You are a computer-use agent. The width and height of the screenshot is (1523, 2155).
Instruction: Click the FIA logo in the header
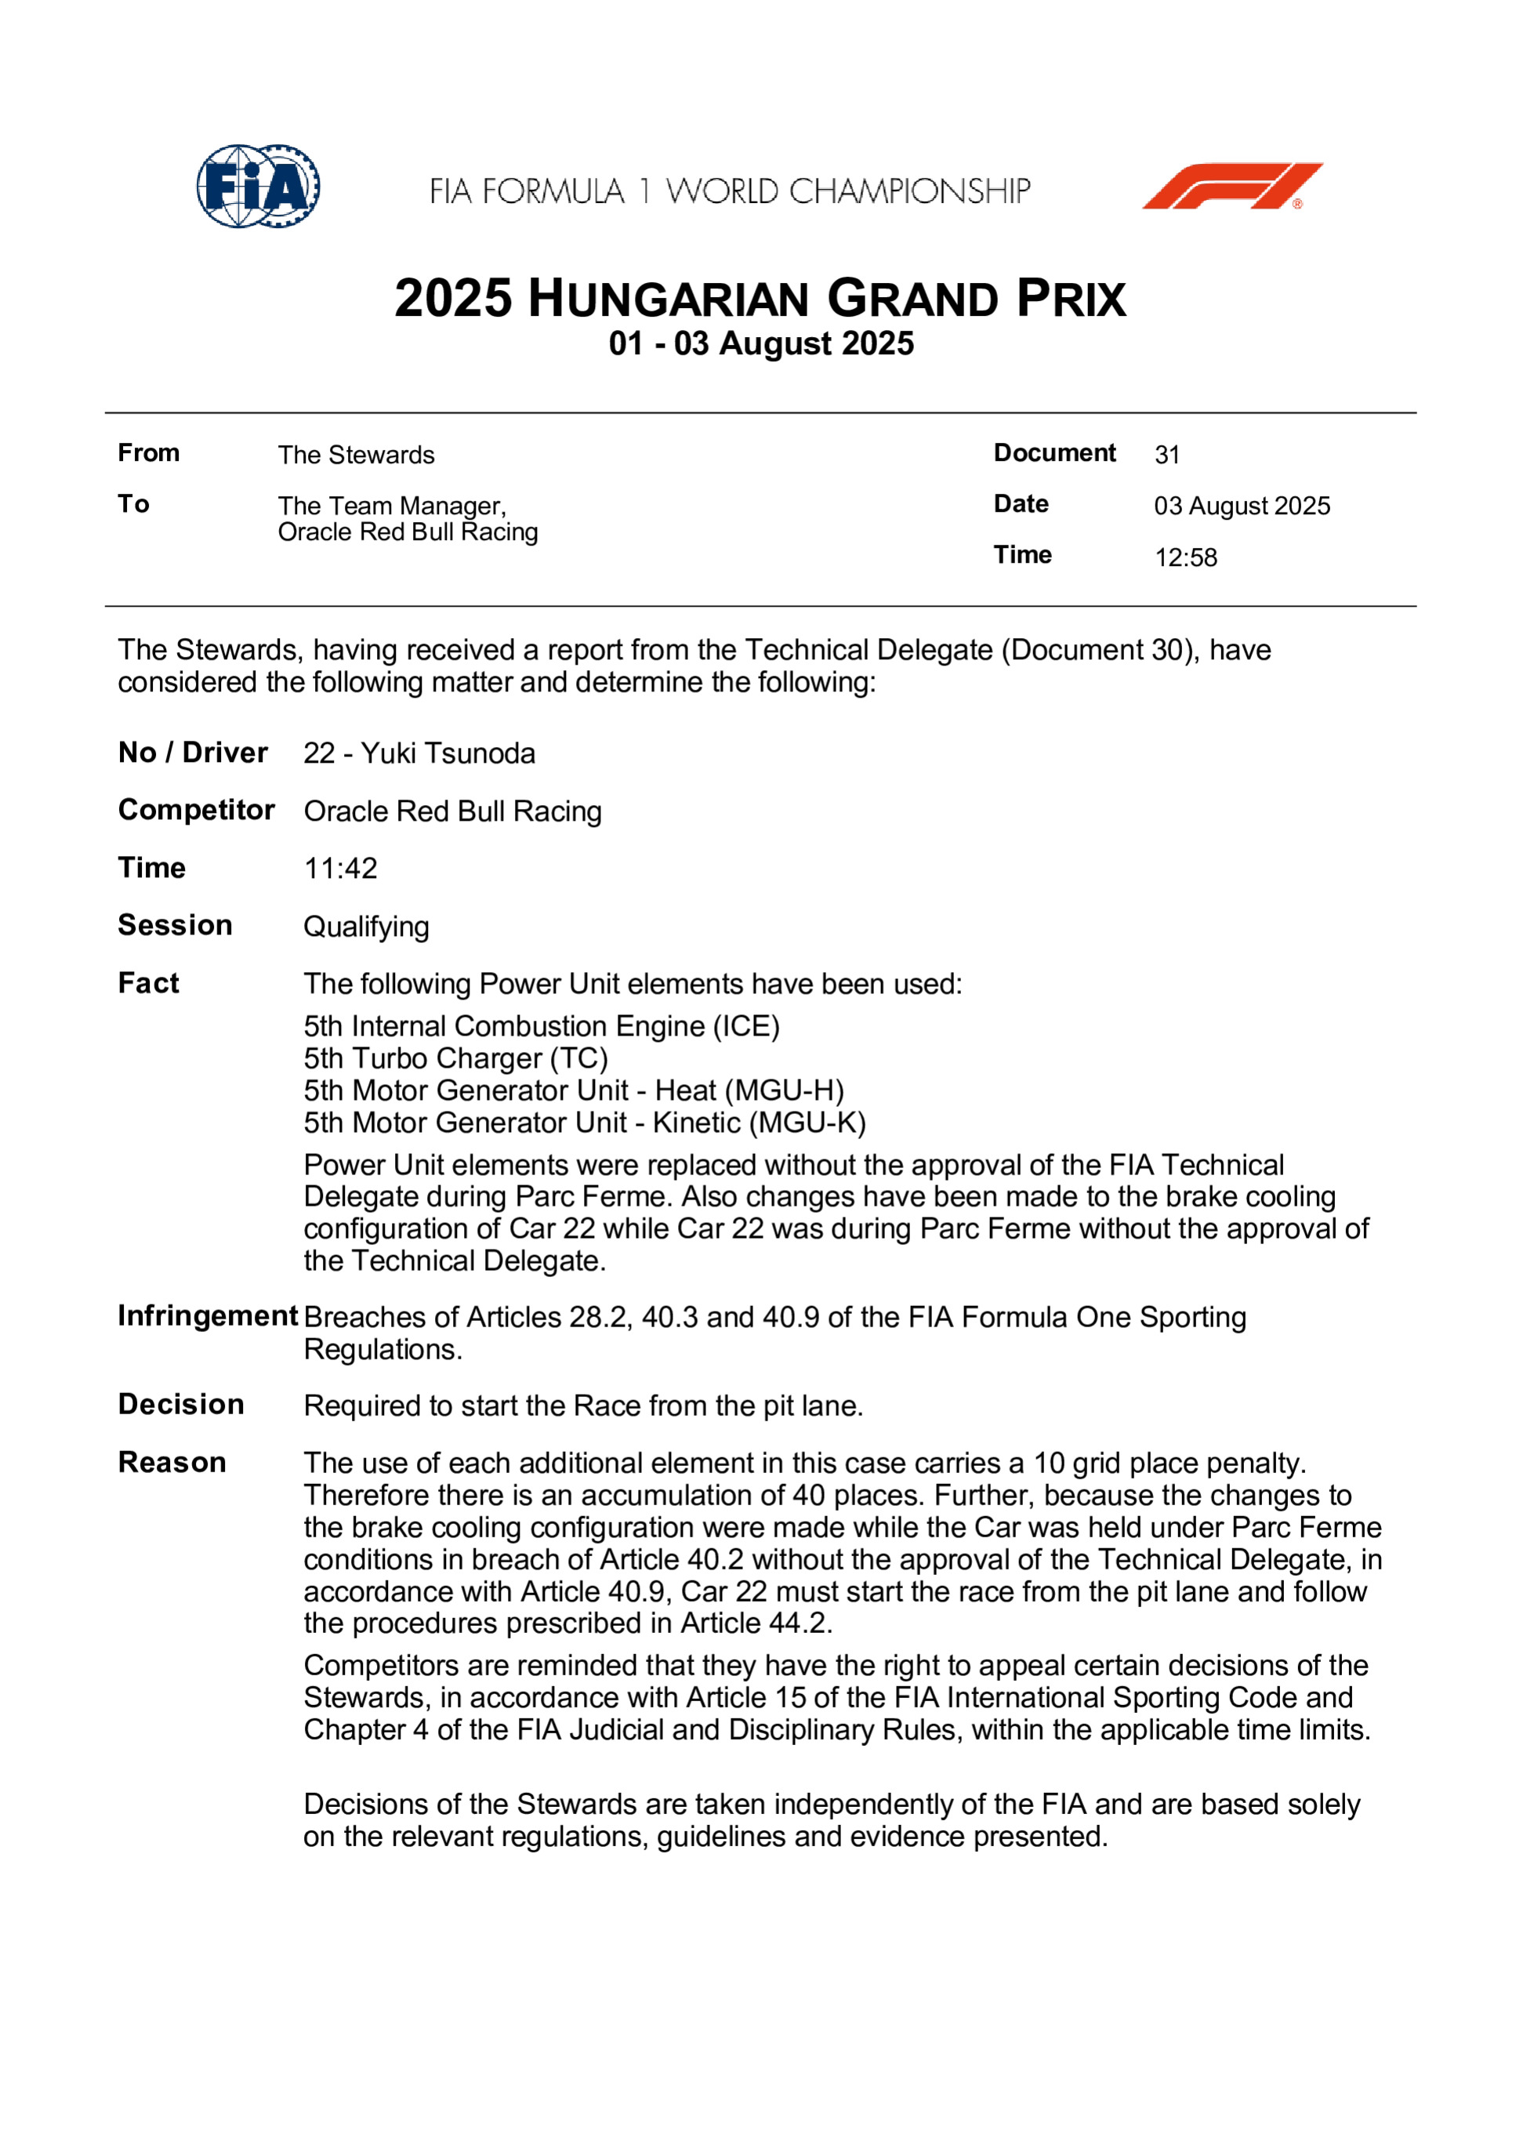[x=258, y=186]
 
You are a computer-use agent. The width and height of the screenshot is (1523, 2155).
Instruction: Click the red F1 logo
[x=1231, y=186]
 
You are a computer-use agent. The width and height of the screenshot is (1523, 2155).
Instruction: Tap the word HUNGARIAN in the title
[x=668, y=299]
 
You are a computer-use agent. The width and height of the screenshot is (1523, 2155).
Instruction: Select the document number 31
[x=1166, y=455]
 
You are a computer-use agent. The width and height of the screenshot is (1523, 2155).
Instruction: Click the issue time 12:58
[x=1185, y=557]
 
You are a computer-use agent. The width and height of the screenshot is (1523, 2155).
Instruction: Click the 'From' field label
[x=148, y=453]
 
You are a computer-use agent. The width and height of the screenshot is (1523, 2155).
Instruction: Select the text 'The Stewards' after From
[x=356, y=455]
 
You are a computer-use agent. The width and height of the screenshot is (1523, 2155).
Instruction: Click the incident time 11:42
[x=341, y=869]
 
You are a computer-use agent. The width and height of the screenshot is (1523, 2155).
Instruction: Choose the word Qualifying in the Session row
[x=366, y=927]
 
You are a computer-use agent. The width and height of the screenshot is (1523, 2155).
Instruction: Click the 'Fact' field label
[x=148, y=983]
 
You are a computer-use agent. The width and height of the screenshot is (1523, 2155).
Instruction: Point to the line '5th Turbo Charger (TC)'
[x=456, y=1059]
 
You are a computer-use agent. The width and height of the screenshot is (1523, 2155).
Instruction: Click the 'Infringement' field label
[x=208, y=1316]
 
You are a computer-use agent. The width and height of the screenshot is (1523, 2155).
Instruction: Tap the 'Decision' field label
[x=181, y=1404]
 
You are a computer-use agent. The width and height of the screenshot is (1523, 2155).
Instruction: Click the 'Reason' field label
[x=172, y=1462]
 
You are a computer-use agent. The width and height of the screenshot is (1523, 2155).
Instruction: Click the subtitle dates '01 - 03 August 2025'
[x=761, y=343]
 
